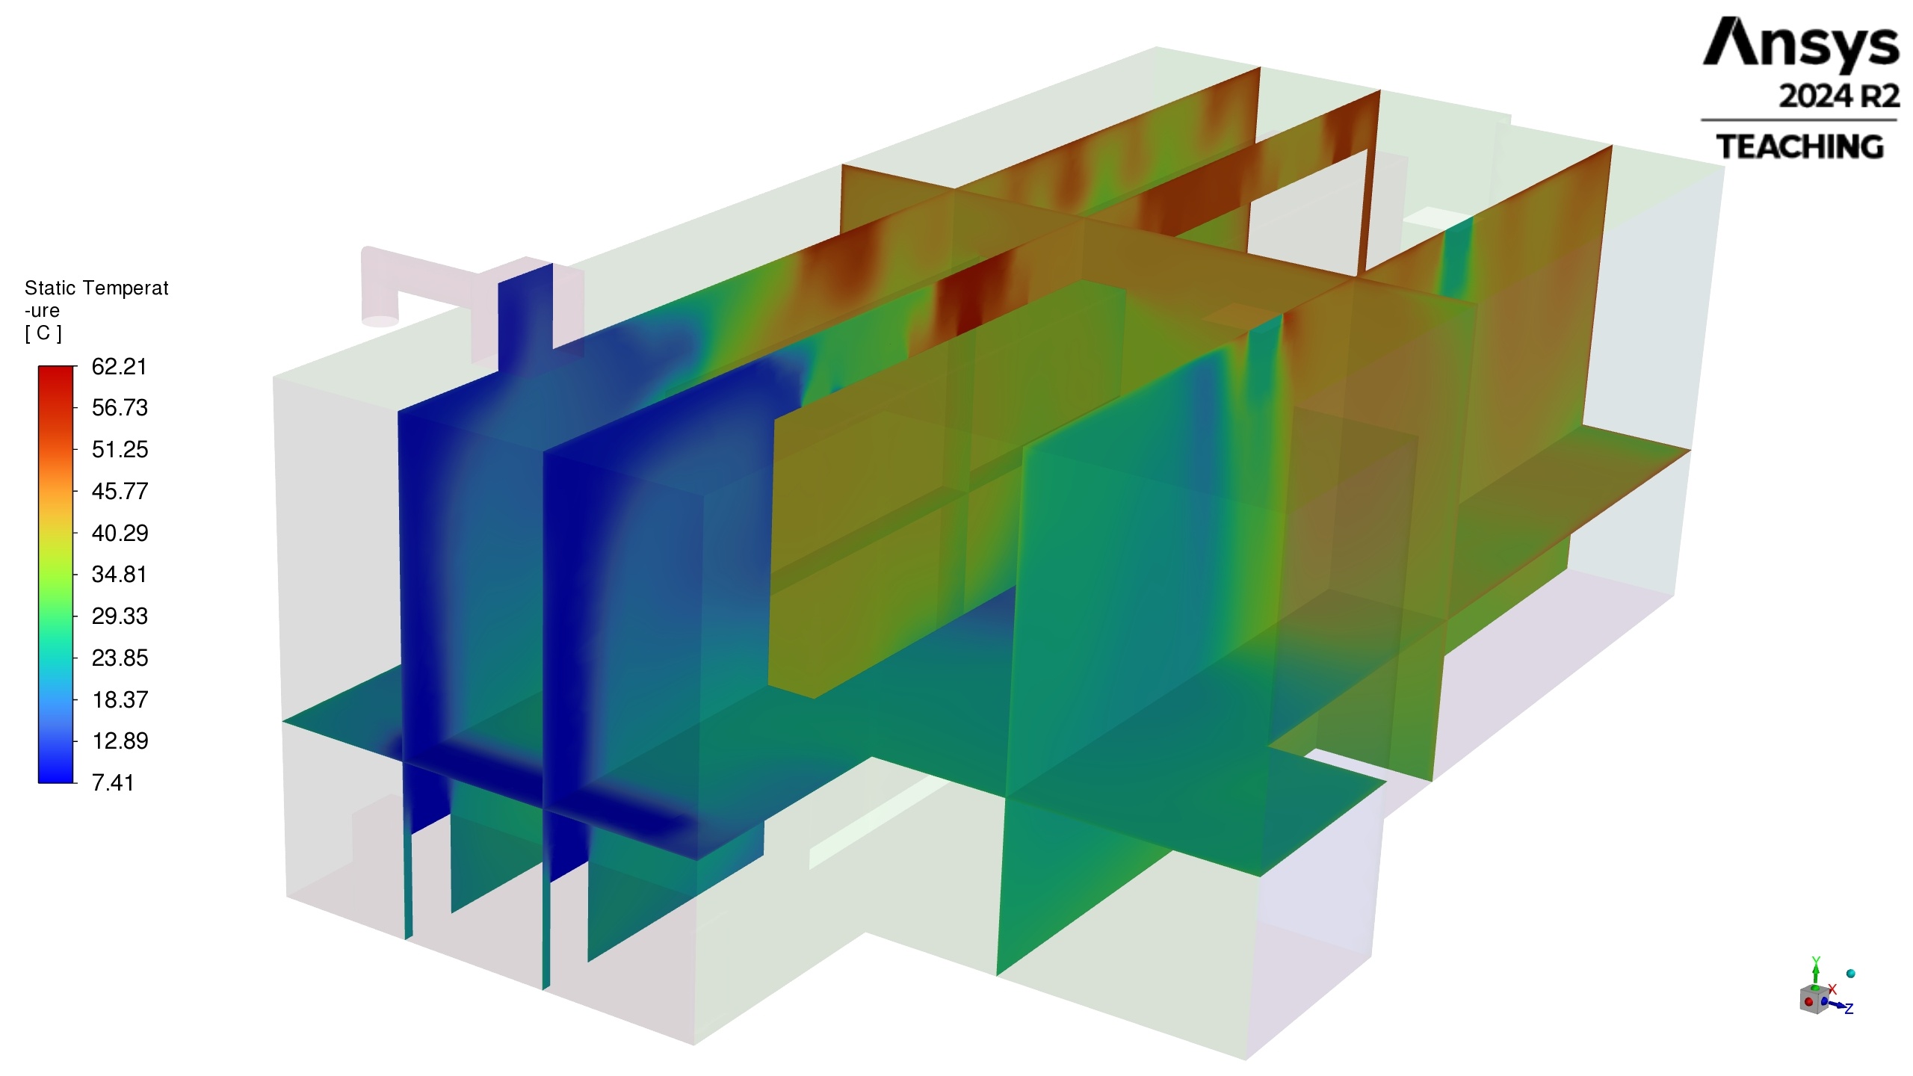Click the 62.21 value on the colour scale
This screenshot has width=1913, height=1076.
[120, 367]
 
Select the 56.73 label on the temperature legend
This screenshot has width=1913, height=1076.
[120, 408]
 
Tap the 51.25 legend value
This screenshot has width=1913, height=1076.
[120, 450]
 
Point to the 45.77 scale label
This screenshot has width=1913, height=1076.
[120, 492]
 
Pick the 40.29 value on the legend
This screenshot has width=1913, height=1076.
[120, 534]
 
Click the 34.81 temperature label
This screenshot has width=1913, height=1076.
[120, 575]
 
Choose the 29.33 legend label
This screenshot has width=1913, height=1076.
[120, 616]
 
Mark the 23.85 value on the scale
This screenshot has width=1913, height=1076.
[120, 658]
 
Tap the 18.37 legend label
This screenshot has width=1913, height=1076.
[120, 700]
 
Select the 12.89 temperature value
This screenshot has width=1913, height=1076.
[120, 741]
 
